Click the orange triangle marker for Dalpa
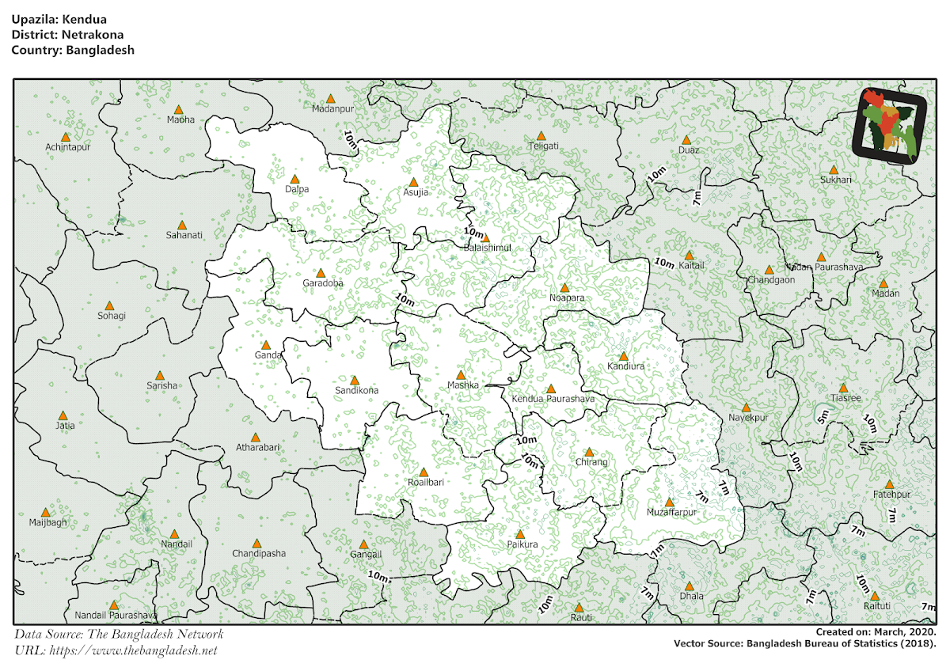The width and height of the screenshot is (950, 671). pyautogui.click(x=295, y=180)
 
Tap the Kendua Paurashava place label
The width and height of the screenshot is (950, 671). pyautogui.click(x=553, y=399)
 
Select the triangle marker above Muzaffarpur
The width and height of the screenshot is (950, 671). pyautogui.click(x=670, y=502)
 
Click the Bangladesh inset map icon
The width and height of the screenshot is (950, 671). pyautogui.click(x=889, y=125)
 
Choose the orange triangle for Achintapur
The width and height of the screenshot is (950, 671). pyautogui.click(x=66, y=137)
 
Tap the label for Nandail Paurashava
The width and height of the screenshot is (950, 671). pyautogui.click(x=116, y=615)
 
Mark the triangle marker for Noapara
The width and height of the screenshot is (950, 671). pyautogui.click(x=564, y=288)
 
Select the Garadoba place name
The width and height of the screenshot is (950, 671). pyautogui.click(x=323, y=283)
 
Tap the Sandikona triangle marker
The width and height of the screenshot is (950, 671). pyautogui.click(x=355, y=381)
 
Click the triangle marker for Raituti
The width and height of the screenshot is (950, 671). pyautogui.click(x=876, y=595)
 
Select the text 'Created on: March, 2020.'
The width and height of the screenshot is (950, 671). pyautogui.click(x=876, y=632)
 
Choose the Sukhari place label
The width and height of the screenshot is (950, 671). pyautogui.click(x=836, y=180)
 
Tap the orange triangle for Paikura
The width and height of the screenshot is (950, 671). pyautogui.click(x=520, y=534)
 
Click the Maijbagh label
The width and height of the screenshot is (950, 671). pyautogui.click(x=48, y=522)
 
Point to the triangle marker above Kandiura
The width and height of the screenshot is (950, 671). pyautogui.click(x=623, y=356)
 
